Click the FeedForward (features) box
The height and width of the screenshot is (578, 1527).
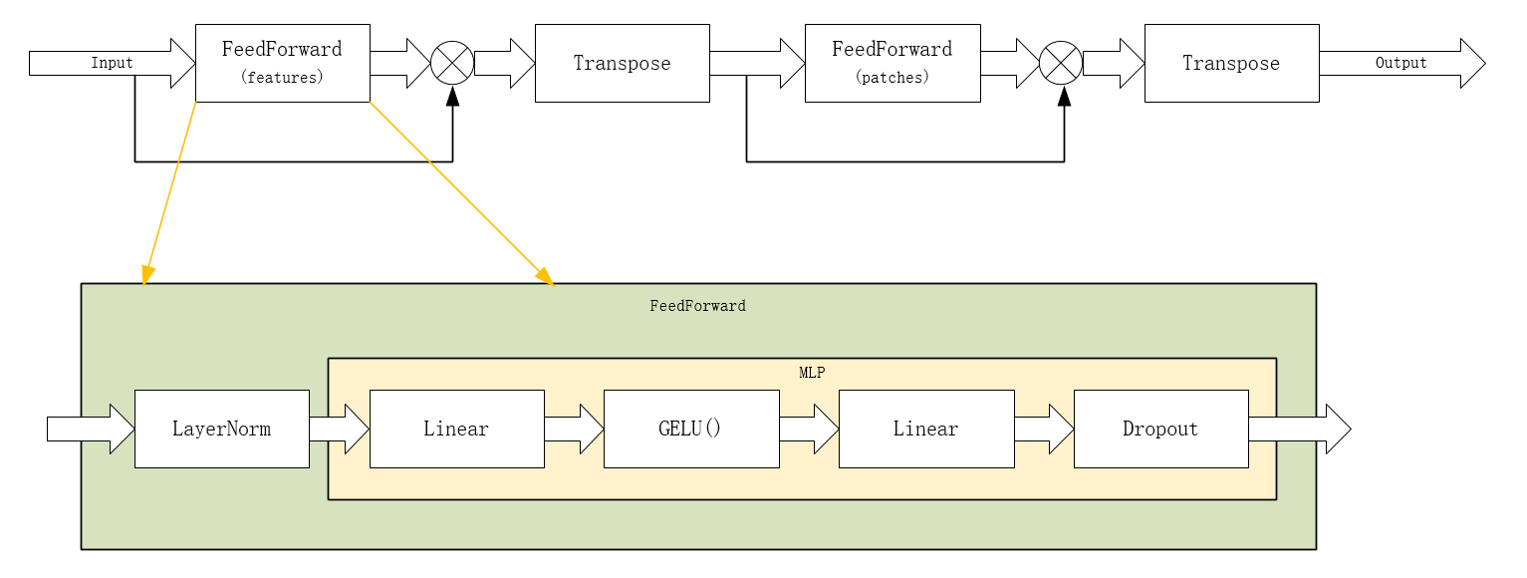(x=282, y=63)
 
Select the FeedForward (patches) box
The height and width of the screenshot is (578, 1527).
(x=891, y=63)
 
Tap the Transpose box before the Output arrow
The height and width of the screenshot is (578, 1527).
(x=1231, y=63)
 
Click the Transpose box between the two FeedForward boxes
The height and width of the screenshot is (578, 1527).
(x=622, y=63)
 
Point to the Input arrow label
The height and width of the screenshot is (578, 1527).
(x=112, y=63)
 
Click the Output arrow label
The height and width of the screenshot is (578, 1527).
(x=1400, y=63)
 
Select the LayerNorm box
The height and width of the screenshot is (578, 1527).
(x=221, y=429)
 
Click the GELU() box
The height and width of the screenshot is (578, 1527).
(x=690, y=429)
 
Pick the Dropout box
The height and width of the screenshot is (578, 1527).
(x=1160, y=429)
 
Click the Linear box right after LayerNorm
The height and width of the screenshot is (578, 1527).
(x=456, y=429)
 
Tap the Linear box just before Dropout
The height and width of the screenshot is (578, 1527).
(x=925, y=429)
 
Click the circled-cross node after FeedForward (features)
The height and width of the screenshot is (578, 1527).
(x=452, y=63)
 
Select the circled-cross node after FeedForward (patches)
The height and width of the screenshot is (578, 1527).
(x=1061, y=63)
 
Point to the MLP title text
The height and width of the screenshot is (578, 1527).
(x=812, y=373)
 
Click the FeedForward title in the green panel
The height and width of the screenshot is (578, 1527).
(x=697, y=306)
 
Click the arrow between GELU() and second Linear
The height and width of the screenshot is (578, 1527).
(x=809, y=429)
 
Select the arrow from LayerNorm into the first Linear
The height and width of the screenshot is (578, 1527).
(x=339, y=429)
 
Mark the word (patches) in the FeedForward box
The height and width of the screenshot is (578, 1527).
(x=891, y=78)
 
